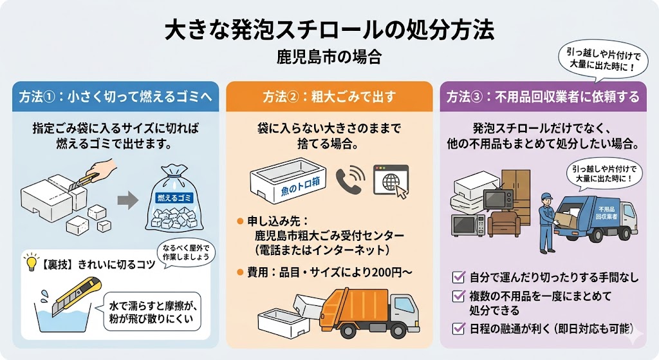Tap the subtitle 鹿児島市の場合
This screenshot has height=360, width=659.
coord(329,57)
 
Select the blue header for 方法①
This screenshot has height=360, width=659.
coord(116,97)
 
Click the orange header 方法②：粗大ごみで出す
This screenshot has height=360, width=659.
coord(329,97)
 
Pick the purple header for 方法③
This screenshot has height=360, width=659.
coord(543,97)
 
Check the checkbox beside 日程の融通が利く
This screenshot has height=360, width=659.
coord(458,327)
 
